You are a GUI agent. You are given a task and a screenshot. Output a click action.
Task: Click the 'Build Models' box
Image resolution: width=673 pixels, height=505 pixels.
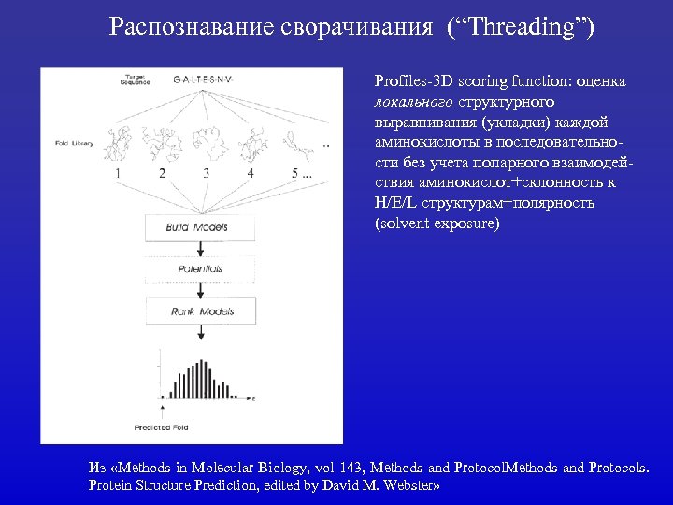(197, 227)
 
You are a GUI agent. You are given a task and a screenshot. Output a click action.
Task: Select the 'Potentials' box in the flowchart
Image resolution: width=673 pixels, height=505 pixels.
(200, 269)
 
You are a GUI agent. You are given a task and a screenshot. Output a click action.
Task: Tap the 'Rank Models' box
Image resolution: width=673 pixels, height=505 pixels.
(202, 311)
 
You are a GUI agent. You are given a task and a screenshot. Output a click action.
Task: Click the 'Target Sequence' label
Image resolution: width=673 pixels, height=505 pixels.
(135, 79)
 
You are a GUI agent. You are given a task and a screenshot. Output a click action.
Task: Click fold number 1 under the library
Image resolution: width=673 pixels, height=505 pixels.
(118, 173)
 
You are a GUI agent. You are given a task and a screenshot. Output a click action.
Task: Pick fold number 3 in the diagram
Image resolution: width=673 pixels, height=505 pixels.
(206, 173)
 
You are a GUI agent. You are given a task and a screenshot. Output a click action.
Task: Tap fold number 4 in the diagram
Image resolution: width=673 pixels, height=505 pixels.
(250, 173)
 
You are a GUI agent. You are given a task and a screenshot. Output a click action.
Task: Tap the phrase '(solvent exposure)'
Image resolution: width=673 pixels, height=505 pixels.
(437, 224)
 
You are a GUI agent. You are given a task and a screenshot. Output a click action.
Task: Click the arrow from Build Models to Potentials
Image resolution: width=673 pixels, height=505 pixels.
(200, 249)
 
